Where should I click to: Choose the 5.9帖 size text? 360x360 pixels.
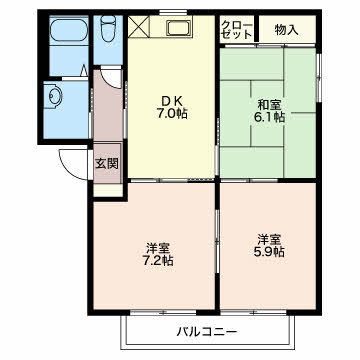268,252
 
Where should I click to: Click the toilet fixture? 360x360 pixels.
106,35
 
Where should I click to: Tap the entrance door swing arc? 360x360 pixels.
72,160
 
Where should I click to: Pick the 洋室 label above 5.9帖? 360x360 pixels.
268,238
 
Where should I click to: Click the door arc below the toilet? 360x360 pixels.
105,75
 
